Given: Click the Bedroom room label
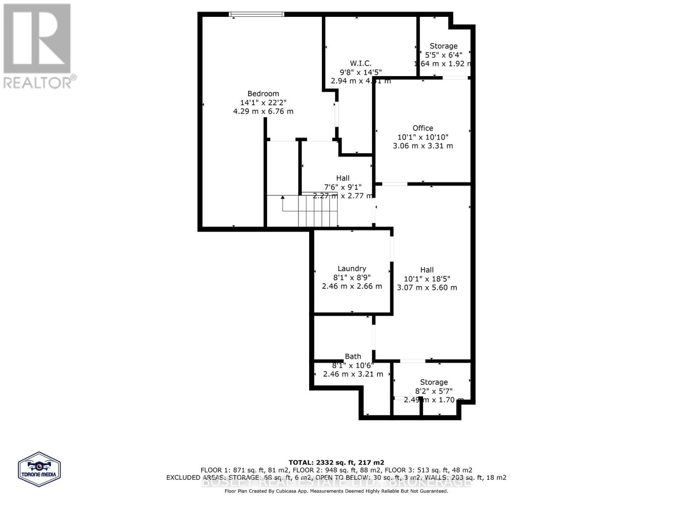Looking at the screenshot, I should [263, 94].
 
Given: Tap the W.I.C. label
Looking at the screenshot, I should [360, 63].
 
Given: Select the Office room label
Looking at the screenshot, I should [423, 128].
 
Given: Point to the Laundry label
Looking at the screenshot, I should [352, 268].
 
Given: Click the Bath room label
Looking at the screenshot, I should [353, 356].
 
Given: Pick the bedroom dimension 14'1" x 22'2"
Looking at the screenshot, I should [263, 103].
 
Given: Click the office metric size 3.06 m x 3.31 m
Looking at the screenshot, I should [423, 146].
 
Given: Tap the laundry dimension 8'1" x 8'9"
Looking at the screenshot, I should [352, 277].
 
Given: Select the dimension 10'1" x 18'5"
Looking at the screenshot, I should [427, 279].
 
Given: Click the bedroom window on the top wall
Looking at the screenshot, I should [257, 14].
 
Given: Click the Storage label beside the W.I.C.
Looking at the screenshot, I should [443, 46].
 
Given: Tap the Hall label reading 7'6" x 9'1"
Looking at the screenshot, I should [343, 178].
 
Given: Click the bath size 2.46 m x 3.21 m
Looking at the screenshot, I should [353, 374].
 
